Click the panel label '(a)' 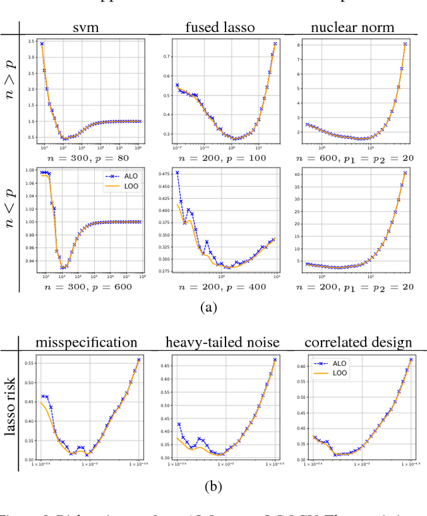(213, 307)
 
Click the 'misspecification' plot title (88, 343)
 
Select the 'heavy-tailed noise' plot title (221, 343)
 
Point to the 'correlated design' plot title (358, 343)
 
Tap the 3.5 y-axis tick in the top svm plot (31, 42)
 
